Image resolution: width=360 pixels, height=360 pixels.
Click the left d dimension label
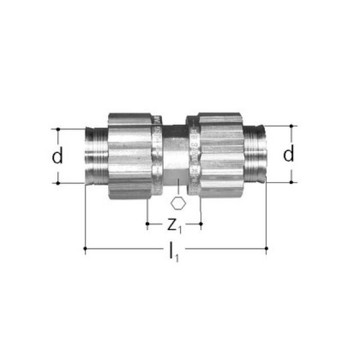[57, 156]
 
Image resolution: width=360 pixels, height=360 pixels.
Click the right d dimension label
[289, 154]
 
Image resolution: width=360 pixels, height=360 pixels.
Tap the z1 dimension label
[174, 225]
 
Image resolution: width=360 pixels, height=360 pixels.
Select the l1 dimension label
[174, 253]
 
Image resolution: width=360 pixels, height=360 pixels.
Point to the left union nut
[130, 156]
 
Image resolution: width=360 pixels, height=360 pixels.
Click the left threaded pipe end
[96, 156]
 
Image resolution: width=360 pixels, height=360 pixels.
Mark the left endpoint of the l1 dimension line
[85, 247]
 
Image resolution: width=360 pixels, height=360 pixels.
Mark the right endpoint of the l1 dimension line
[266, 247]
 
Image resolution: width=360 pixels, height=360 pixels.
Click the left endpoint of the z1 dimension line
[147, 224]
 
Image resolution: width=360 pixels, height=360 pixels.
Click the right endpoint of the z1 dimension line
[201, 224]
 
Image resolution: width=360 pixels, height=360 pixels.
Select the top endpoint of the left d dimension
[57, 129]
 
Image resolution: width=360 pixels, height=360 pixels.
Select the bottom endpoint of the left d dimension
[57, 183]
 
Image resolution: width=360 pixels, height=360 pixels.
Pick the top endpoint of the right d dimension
[291, 125]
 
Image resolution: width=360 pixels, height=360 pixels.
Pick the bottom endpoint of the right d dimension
[291, 182]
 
